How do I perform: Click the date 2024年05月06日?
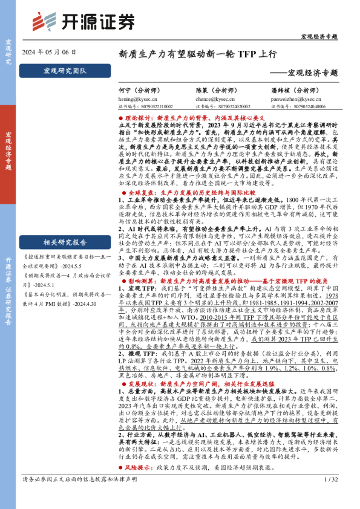pos(49,53)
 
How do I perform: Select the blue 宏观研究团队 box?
pos(65,71)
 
